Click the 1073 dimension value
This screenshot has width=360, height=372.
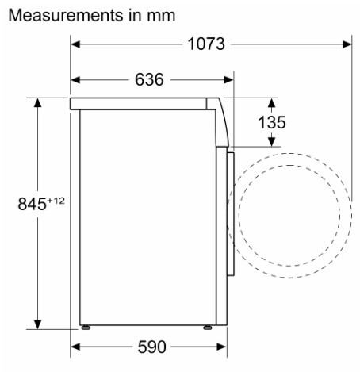click(x=206, y=44)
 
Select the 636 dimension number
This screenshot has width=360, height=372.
click(x=149, y=79)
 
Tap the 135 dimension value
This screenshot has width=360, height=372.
click(x=272, y=122)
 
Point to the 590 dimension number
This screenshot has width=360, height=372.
click(x=151, y=347)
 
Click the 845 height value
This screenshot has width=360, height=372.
click(x=32, y=204)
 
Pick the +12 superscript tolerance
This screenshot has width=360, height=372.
click(x=56, y=201)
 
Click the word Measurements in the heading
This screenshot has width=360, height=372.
click(x=66, y=15)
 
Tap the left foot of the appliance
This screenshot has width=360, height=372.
click(x=86, y=328)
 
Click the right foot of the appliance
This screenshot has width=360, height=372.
click(x=207, y=328)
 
